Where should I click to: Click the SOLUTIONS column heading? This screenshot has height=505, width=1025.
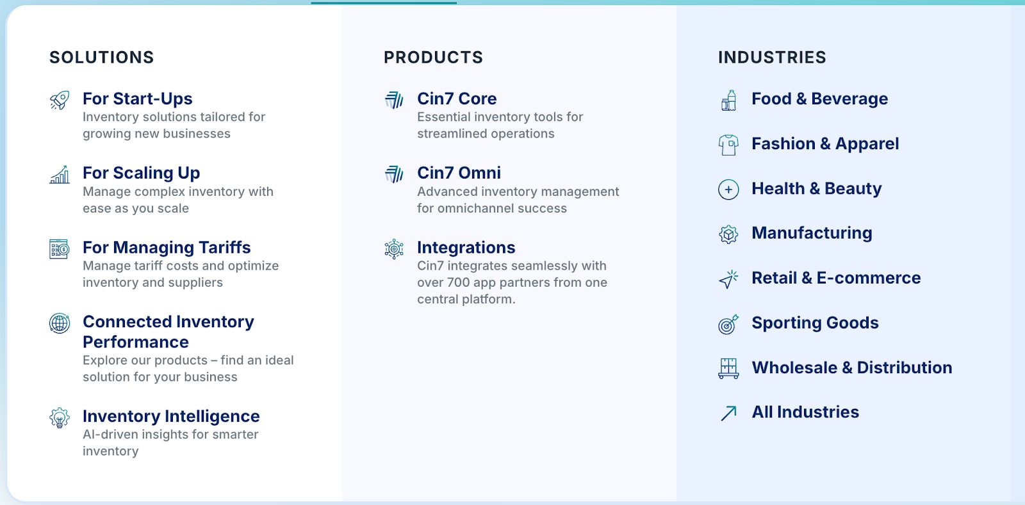(102, 58)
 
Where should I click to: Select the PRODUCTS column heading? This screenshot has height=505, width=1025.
(433, 58)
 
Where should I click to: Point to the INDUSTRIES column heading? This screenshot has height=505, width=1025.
(772, 58)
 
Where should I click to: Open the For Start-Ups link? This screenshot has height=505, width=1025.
(137, 99)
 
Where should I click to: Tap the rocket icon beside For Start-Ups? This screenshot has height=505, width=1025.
(60, 100)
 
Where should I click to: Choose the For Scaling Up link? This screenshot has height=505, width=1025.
(142, 173)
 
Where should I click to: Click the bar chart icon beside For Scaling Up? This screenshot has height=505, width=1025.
(60, 175)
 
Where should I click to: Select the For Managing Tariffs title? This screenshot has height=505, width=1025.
(167, 247)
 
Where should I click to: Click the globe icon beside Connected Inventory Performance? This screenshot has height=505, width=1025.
(60, 324)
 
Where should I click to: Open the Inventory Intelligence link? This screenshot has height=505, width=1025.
(171, 416)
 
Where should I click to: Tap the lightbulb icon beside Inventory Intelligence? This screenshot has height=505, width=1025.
(60, 418)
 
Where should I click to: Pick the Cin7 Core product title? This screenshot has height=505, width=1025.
(457, 99)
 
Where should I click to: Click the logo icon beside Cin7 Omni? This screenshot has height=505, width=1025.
(394, 174)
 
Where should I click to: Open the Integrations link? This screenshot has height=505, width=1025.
(466, 247)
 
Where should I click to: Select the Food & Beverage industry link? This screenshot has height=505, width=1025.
(819, 99)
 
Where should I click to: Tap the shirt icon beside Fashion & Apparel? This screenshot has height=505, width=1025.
(728, 145)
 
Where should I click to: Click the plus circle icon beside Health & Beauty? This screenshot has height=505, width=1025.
(728, 189)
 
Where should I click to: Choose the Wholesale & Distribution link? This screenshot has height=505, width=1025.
(851, 367)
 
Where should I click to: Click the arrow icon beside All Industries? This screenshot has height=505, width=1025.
(728, 413)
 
